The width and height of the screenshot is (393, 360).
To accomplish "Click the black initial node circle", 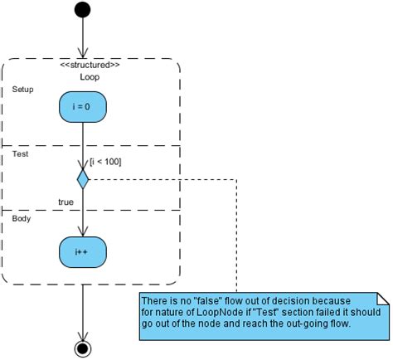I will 83,10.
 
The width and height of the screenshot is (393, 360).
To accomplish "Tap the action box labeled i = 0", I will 84,107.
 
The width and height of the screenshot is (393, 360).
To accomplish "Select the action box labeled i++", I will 84,250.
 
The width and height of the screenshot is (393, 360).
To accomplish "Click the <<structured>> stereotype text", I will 90,65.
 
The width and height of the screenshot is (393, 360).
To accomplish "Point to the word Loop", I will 90,76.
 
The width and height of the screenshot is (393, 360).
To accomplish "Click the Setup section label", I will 22,89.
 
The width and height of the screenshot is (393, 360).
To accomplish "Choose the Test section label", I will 20,153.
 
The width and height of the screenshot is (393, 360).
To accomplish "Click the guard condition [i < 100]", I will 104,162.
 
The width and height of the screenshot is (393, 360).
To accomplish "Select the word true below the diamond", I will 66,202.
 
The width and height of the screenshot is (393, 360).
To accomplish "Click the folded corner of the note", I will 383,298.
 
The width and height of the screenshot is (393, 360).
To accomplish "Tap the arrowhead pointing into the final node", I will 83,335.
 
